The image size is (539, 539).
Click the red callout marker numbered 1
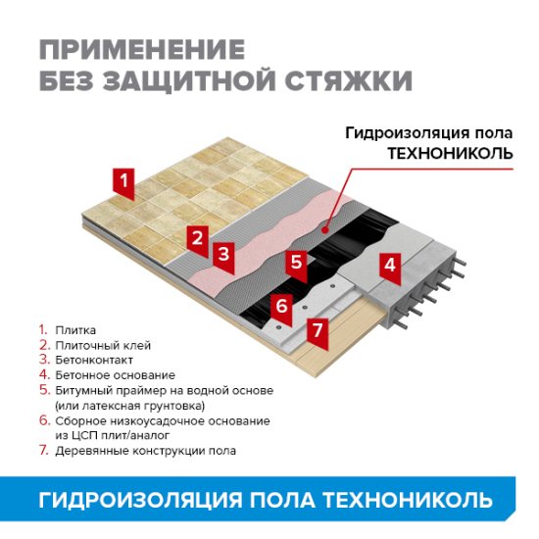point(122,180)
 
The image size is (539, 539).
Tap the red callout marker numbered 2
point(198,237)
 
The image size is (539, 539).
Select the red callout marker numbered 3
point(223,254)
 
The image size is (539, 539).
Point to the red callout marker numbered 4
point(389,264)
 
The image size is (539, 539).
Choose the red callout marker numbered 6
point(280,306)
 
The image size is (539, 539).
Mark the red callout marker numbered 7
point(317,329)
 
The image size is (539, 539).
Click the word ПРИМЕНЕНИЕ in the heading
point(142,49)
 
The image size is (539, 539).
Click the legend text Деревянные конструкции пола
point(145,451)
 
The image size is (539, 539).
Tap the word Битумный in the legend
point(81,390)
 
